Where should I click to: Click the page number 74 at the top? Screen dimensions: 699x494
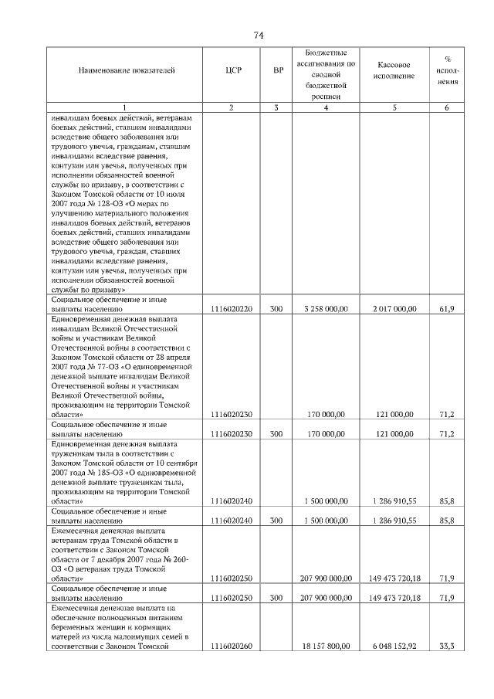click(259, 36)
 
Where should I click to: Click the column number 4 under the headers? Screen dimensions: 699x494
click(327, 107)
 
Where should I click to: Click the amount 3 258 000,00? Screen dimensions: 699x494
click(327, 308)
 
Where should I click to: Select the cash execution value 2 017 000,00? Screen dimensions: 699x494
click(394, 308)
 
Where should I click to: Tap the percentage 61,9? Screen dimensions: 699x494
click(446, 308)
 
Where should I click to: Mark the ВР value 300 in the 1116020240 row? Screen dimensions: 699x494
click(276, 521)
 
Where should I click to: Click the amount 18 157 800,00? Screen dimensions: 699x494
click(327, 646)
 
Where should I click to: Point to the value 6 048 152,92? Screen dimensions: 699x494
click(394, 646)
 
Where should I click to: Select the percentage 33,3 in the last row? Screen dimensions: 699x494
click(446, 646)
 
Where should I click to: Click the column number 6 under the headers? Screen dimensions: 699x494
click(446, 107)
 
